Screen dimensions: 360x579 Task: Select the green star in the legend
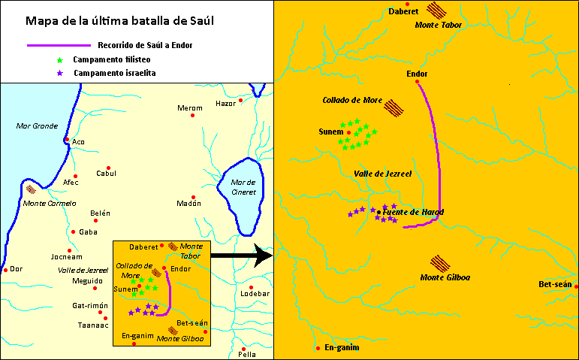pos(62,59)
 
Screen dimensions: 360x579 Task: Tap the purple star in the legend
pos(62,72)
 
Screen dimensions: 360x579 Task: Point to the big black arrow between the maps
pos(240,256)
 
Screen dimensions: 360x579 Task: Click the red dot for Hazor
pos(241,100)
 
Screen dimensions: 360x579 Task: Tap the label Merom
pos(189,108)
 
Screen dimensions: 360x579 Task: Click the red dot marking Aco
pos(67,139)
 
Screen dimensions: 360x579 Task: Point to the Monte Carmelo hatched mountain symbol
pos(31,191)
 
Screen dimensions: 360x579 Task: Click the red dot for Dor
pos(5,269)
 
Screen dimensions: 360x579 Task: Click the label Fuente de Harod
pos(414,213)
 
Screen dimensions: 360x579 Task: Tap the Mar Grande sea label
pos(37,126)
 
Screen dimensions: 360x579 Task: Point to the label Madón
pos(190,203)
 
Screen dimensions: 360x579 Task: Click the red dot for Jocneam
pos(69,250)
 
